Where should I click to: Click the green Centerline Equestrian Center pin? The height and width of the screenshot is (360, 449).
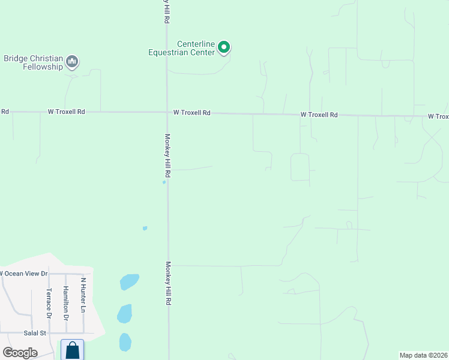click(224, 47)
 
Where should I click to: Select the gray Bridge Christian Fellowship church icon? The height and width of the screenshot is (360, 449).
click(73, 61)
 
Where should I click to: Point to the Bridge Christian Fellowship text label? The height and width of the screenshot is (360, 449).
click(33, 62)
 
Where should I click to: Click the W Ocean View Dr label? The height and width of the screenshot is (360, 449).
click(23, 274)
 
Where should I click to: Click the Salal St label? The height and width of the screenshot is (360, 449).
click(35, 332)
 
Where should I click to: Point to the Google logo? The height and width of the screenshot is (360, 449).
click(20, 352)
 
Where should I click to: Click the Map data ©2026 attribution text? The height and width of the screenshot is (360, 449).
click(423, 355)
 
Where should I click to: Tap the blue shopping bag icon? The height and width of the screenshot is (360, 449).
click(73, 350)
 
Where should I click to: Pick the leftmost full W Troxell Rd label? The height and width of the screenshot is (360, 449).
click(67, 112)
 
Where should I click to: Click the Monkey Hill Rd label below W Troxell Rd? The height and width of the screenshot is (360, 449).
click(168, 155)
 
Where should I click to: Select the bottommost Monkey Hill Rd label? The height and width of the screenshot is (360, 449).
click(169, 284)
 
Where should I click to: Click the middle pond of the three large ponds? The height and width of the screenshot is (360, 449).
click(124, 313)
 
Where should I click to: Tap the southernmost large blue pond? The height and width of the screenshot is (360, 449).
click(125, 341)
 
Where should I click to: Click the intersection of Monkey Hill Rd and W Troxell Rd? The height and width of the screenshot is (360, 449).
click(167, 112)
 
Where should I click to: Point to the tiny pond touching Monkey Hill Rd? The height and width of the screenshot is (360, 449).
click(164, 182)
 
